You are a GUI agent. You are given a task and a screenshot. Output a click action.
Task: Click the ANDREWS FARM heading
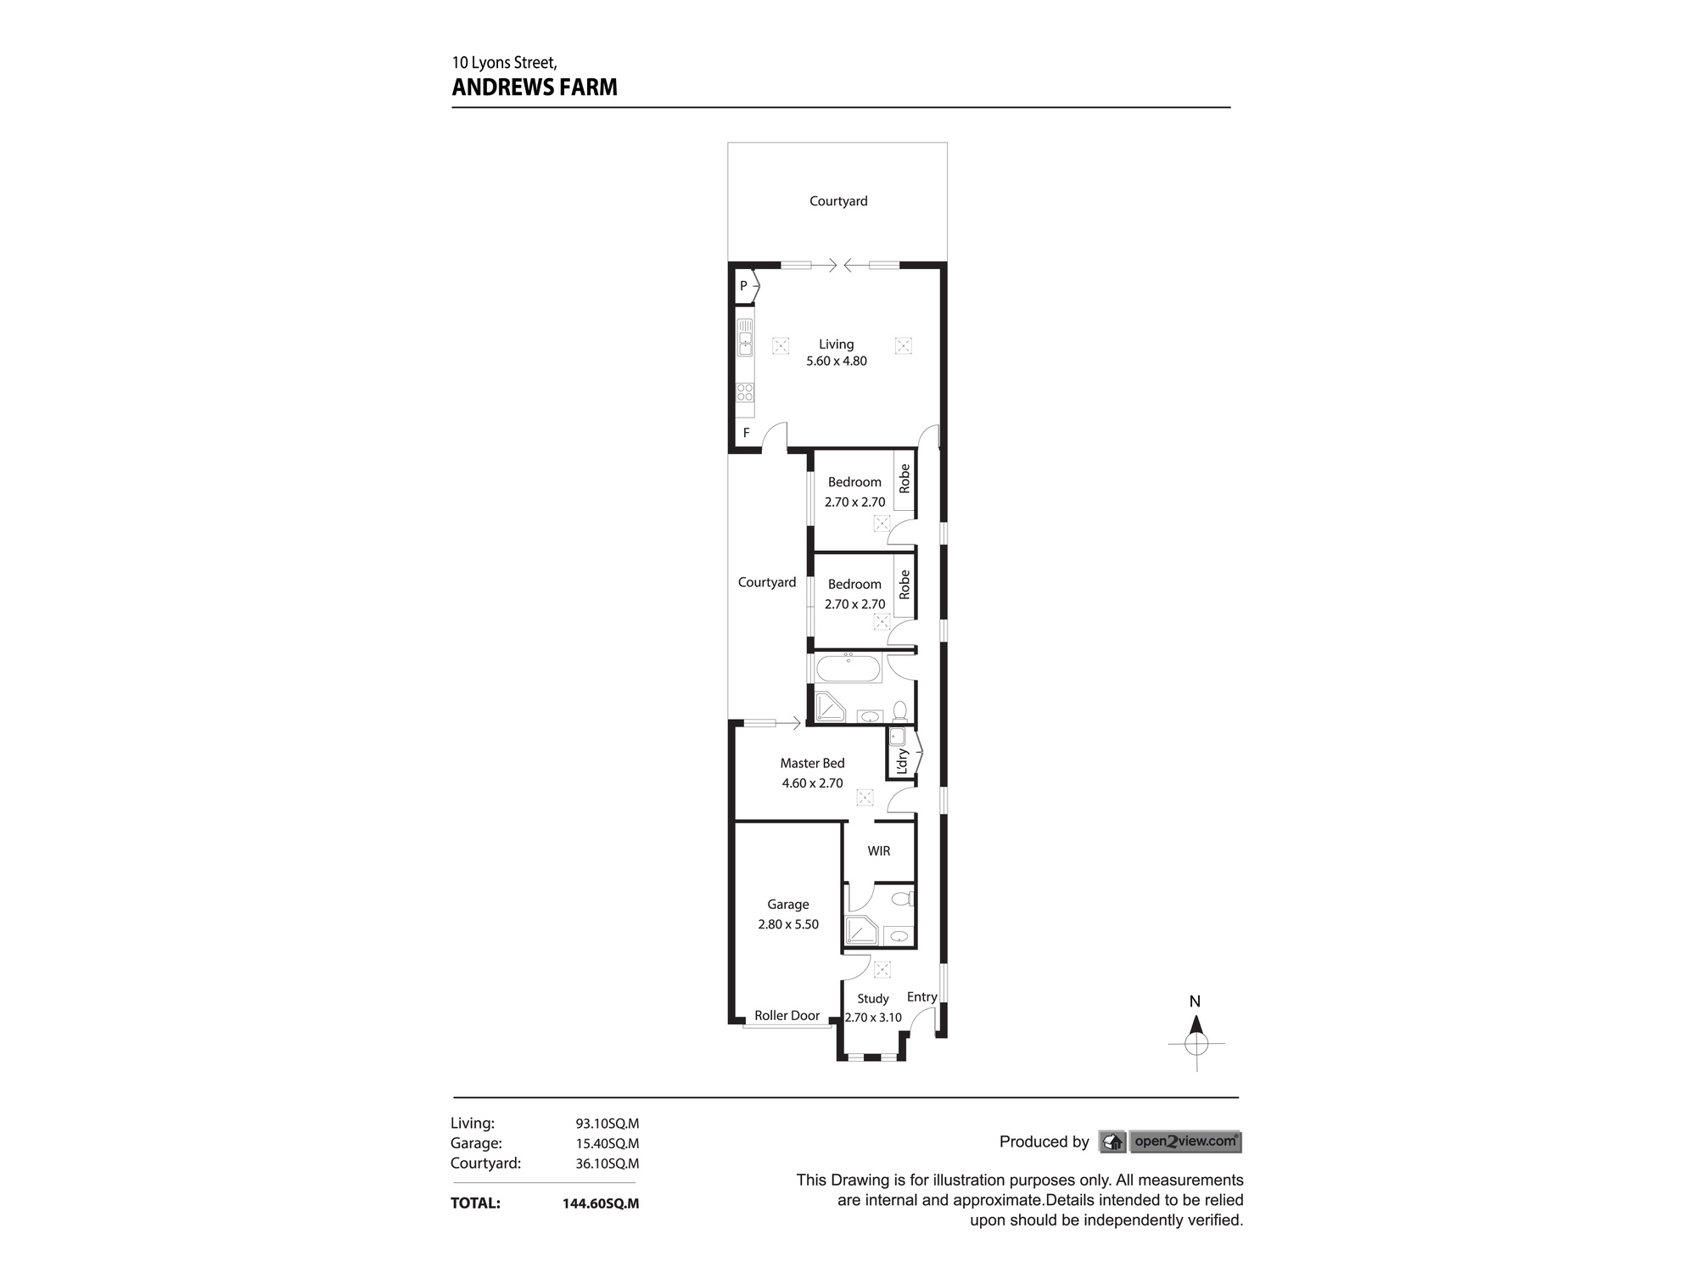click(x=535, y=87)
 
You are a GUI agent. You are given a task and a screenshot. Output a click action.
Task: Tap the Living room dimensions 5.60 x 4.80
click(x=836, y=362)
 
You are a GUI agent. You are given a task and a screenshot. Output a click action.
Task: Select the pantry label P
click(x=743, y=286)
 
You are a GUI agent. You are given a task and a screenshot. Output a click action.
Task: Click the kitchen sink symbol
click(x=745, y=338)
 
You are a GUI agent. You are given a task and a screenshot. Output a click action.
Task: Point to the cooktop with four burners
click(x=745, y=392)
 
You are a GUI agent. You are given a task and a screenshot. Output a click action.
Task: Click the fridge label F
click(x=747, y=433)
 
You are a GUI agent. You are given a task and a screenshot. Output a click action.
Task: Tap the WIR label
click(x=878, y=851)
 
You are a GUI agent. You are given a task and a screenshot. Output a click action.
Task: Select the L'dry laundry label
click(x=902, y=760)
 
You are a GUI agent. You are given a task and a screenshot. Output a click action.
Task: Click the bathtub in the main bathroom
click(x=848, y=669)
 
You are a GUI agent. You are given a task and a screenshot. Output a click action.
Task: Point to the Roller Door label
click(x=787, y=1016)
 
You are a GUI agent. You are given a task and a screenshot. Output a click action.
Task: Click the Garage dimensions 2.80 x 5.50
click(x=788, y=925)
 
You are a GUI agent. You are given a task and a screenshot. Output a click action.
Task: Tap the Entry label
click(x=921, y=997)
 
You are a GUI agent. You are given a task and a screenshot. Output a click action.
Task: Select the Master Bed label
click(x=812, y=764)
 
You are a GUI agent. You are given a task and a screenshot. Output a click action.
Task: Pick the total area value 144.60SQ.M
click(x=600, y=1203)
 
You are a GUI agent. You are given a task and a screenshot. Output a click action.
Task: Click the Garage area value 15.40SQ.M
click(x=607, y=1144)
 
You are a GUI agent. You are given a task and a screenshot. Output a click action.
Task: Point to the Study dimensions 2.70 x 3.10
click(x=873, y=1018)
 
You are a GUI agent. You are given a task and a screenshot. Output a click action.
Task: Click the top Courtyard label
click(x=838, y=201)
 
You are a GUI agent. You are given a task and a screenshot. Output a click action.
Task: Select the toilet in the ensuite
click(x=902, y=898)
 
